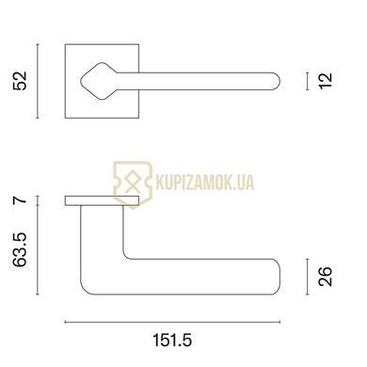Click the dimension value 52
coord(20,81)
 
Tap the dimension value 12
coord(326,81)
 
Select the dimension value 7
coord(20,200)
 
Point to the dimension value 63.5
coord(20,250)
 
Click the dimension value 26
coord(325,277)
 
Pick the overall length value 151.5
coord(172,340)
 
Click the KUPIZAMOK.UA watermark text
coord(205,183)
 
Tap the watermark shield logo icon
coord(133,183)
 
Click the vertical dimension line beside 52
coord(38,81)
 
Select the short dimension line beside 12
coord(308,81)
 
